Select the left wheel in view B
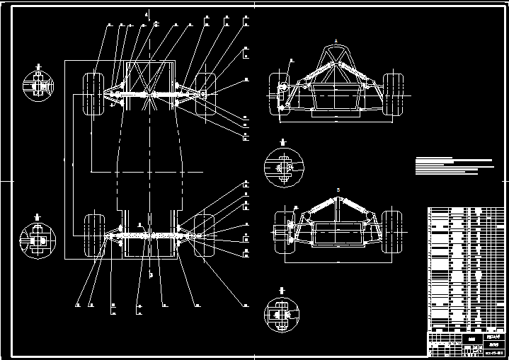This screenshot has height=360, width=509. click(x=281, y=231)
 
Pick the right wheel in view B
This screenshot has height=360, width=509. click(x=390, y=231)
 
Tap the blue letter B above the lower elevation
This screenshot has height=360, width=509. click(x=338, y=190)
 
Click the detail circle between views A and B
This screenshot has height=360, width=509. click(x=282, y=168)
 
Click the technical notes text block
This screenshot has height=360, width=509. click(x=453, y=166)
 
